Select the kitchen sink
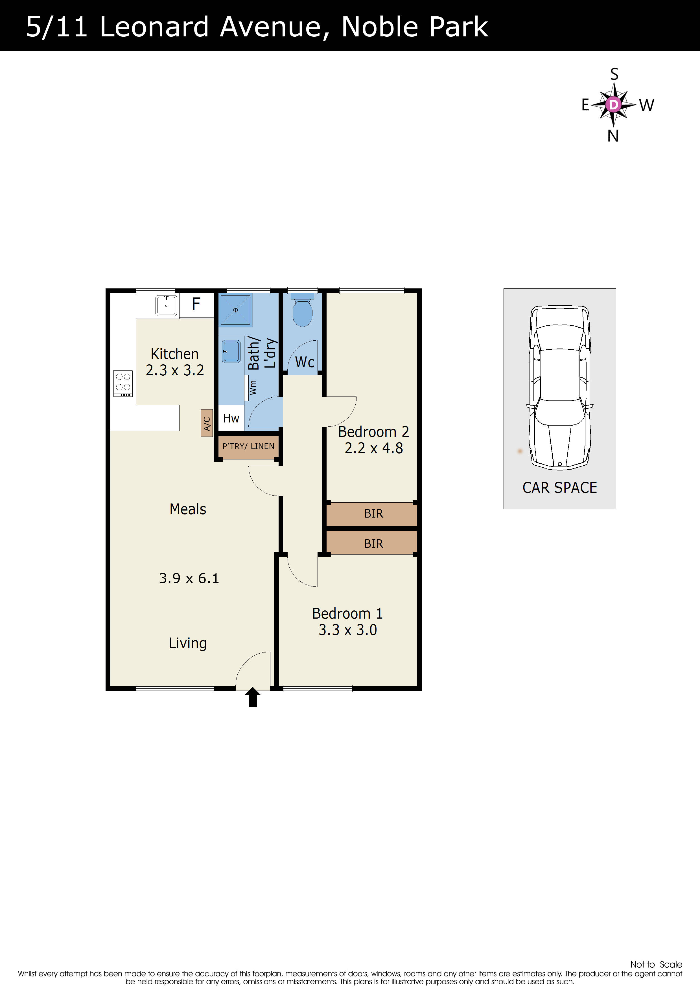166,305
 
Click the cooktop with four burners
123,383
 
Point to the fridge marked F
196,305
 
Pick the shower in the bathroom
235,310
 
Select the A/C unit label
207,423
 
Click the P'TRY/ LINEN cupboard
248,446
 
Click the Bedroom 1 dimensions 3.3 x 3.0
348,630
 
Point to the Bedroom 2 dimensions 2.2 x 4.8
373,448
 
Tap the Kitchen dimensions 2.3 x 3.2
175,370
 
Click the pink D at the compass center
613,104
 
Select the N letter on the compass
613,136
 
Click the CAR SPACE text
560,488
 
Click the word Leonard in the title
154,27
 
